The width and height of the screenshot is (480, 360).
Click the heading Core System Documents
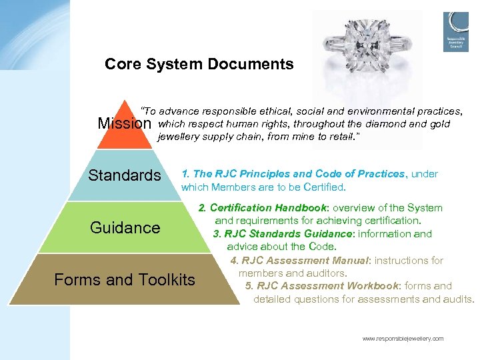click(199, 65)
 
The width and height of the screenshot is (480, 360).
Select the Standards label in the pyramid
click(125, 175)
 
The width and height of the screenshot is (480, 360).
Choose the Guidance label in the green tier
click(125, 227)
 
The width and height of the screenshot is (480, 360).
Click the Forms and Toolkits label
click(125, 280)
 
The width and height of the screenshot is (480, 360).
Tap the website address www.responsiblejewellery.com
click(403, 339)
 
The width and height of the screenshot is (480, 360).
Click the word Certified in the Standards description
click(323, 187)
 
